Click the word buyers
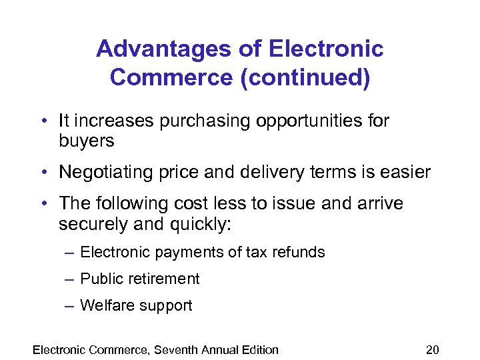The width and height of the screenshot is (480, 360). coord(87,141)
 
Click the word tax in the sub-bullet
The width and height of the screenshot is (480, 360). coord(254,252)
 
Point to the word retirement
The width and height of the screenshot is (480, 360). coord(164,279)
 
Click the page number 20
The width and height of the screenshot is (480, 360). coord(433,349)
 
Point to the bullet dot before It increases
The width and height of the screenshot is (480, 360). coord(43,122)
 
